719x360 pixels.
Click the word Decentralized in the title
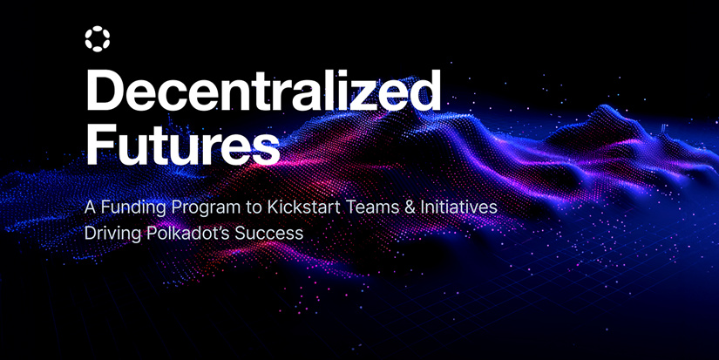click(262, 91)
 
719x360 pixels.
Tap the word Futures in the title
click(182, 143)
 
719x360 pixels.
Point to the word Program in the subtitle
click(206, 207)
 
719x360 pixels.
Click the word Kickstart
click(303, 207)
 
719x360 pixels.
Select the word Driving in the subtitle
click(113, 234)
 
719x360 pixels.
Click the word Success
click(269, 234)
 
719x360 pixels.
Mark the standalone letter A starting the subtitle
click(91, 207)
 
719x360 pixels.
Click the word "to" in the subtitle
click(254, 207)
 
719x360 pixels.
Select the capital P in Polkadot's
click(153, 234)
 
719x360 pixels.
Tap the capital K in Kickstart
click(273, 207)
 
